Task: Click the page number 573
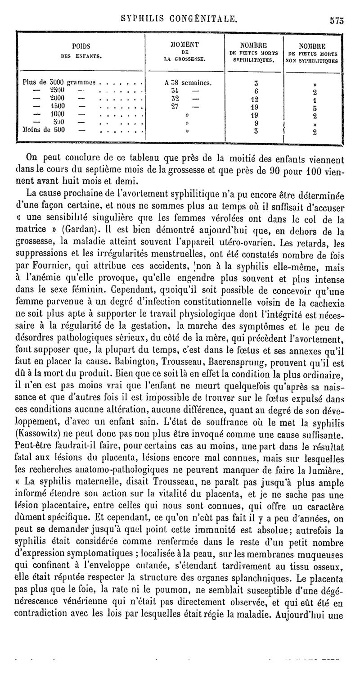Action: click(x=337, y=19)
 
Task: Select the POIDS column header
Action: click(x=81, y=45)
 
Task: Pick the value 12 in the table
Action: click(x=254, y=100)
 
